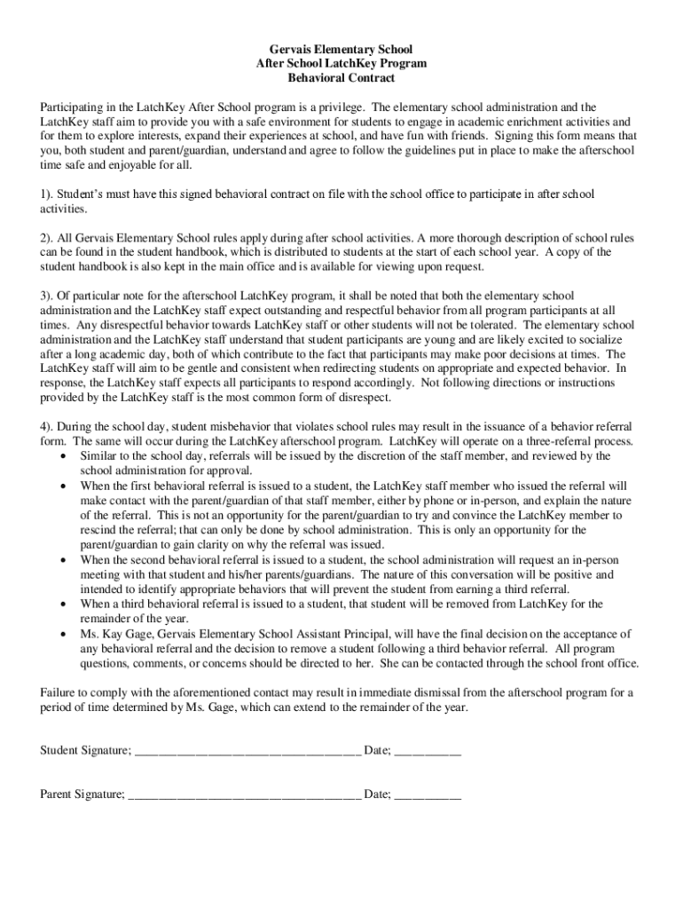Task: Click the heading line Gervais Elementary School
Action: (x=341, y=50)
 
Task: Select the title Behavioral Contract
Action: (x=341, y=78)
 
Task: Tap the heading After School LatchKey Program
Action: (x=341, y=64)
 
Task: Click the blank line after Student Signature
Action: (x=247, y=751)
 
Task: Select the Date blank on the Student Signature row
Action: (x=427, y=751)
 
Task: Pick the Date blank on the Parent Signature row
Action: (x=427, y=794)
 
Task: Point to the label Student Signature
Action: (x=85, y=751)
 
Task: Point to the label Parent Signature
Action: (x=82, y=794)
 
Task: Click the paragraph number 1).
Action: (x=48, y=194)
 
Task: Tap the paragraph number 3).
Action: (x=48, y=296)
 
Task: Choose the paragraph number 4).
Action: (x=48, y=426)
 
